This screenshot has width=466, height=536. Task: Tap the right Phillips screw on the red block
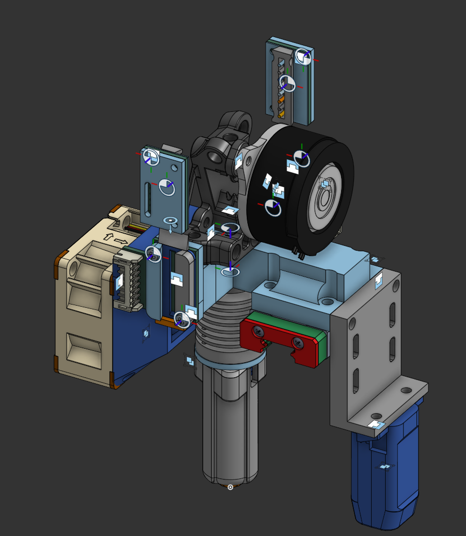[297, 342]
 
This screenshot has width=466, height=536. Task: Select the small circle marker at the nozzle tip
[231, 487]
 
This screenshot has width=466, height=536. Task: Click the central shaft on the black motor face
[325, 199]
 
